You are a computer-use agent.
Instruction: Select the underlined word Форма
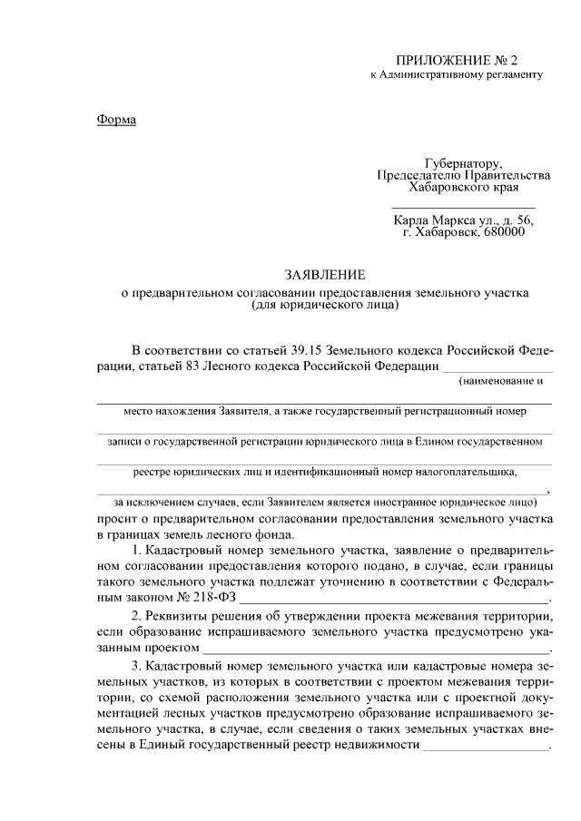coord(115,120)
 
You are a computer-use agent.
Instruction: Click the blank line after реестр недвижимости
coord(487,747)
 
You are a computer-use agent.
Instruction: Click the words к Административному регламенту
coord(457,74)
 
